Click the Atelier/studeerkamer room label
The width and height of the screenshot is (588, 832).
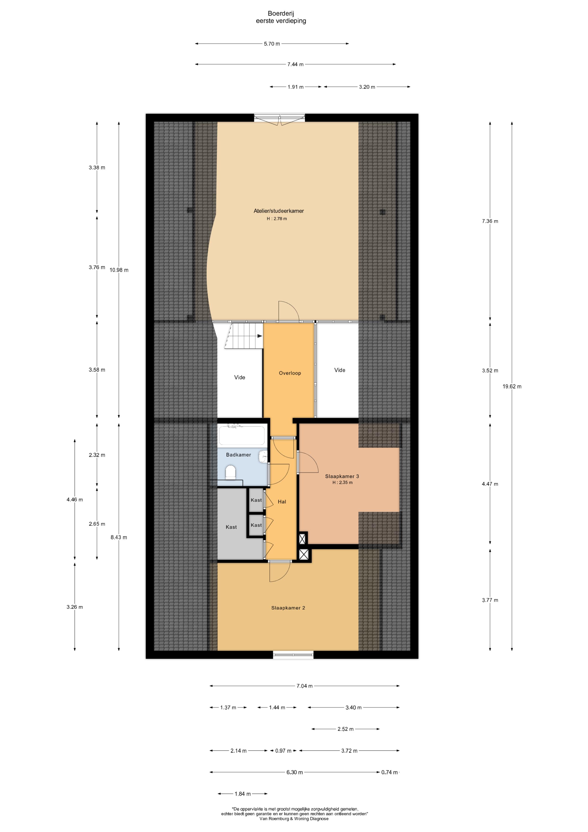(278, 211)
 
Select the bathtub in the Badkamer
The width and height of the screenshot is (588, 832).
(242, 435)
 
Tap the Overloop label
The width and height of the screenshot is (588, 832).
(289, 373)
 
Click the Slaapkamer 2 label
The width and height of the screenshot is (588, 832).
(288, 608)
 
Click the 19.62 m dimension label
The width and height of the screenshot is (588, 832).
(512, 386)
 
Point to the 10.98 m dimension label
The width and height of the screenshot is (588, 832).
(119, 270)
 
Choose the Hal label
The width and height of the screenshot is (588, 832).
(282, 502)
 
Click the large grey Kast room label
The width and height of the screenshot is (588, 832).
(231, 527)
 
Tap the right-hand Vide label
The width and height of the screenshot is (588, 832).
(340, 370)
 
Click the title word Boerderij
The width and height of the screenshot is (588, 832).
(281, 14)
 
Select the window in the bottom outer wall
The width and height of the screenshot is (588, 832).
(293, 654)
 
